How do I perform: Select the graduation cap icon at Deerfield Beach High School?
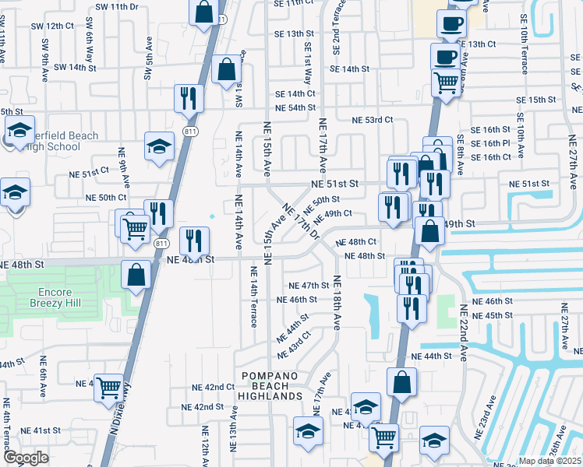tap(19, 129)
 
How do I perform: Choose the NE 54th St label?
tap(295, 107)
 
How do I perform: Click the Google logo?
tap(26, 458)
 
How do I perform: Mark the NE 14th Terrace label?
tap(253, 295)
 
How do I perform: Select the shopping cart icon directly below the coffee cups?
tap(445, 81)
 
